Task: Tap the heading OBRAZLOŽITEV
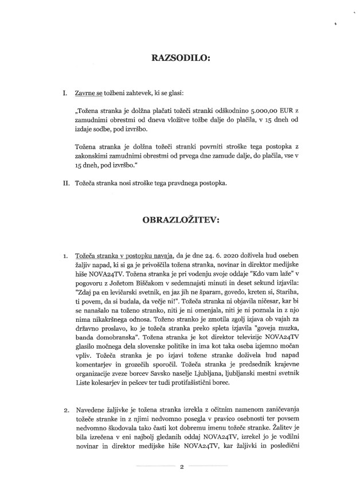[180, 219]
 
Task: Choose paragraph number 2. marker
[66, 410]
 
